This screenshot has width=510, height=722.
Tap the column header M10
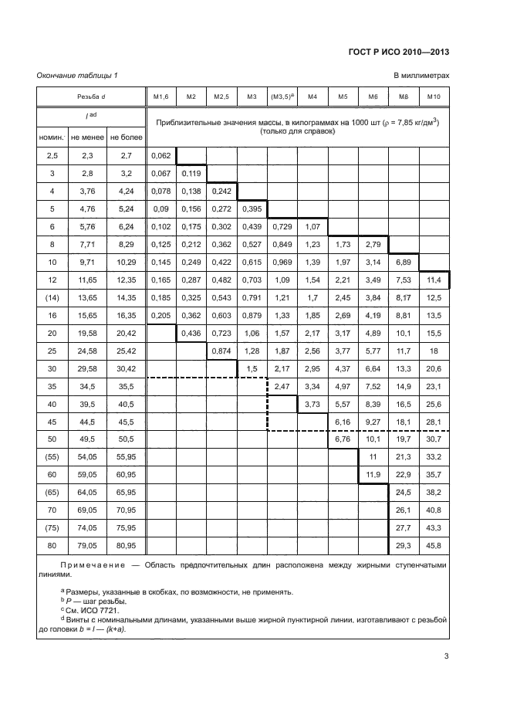(434, 97)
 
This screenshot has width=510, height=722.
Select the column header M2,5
(221, 97)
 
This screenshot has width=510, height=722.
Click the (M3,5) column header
(282, 97)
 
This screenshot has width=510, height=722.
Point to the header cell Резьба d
(92, 97)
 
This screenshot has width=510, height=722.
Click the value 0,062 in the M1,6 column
(161, 155)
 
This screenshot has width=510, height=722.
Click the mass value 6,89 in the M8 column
(403, 262)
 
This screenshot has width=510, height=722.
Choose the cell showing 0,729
(282, 226)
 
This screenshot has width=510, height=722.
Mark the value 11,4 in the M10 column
(434, 280)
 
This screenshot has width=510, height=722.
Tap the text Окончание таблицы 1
(77, 75)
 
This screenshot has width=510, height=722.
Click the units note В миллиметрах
(421, 75)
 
